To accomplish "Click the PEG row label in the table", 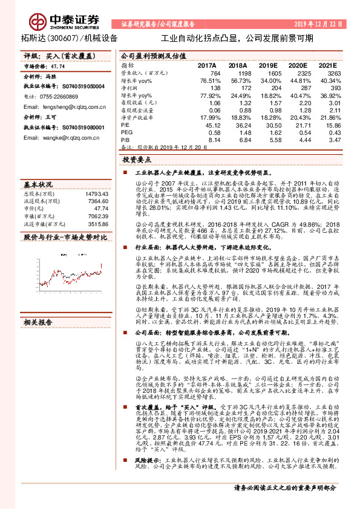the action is pyautogui.click(x=127, y=132).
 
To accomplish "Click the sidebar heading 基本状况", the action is pyautogui.click(x=38, y=183).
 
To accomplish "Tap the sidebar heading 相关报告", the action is pyautogui.click(x=38, y=323).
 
